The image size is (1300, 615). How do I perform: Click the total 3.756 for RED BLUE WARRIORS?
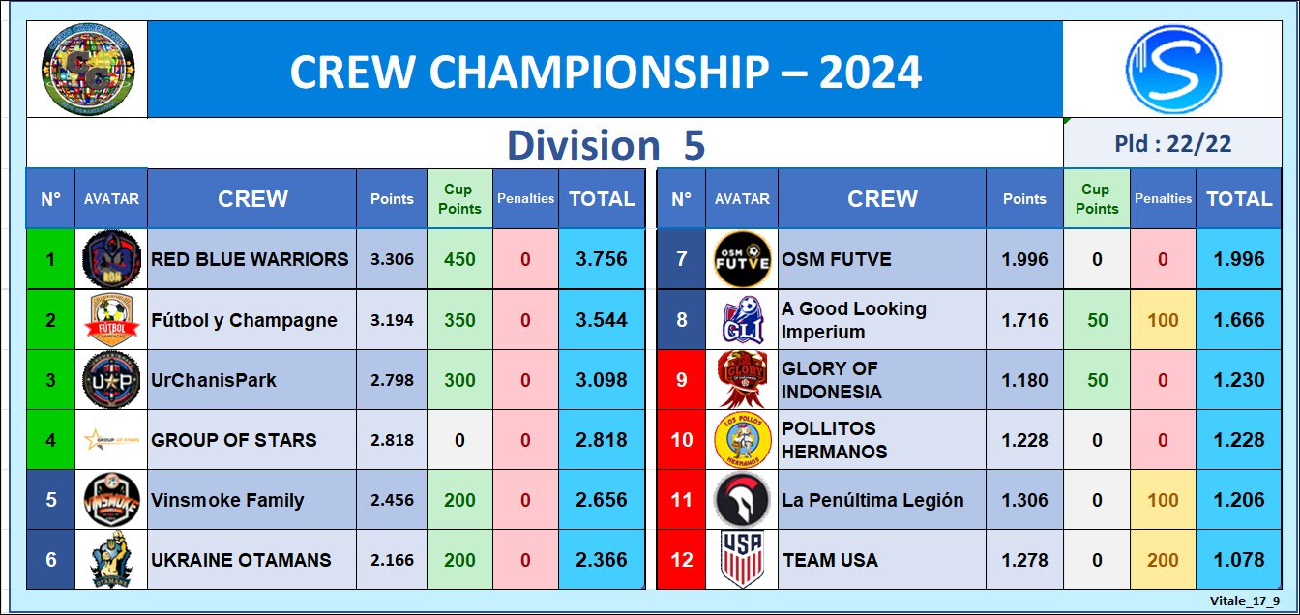(x=602, y=259)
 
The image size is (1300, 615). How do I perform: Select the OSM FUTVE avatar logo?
(x=742, y=259)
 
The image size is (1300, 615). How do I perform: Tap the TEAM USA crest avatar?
(x=742, y=559)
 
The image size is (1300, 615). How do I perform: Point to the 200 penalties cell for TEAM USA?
(x=1163, y=560)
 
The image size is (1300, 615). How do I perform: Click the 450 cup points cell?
(x=459, y=259)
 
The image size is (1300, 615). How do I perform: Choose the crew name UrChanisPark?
(x=214, y=380)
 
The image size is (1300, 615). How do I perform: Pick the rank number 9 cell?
(x=681, y=380)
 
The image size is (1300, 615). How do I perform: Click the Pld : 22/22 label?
(x=1173, y=144)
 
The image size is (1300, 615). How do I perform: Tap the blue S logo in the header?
(x=1173, y=70)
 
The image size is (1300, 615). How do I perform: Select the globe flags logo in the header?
(x=88, y=70)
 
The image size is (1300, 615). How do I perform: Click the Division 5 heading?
(x=606, y=144)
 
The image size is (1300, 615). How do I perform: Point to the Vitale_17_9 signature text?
(x=1245, y=601)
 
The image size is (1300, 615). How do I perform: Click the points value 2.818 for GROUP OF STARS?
(x=393, y=440)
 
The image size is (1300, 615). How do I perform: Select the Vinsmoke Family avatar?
(x=111, y=500)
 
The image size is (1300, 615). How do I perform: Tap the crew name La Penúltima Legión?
(x=872, y=500)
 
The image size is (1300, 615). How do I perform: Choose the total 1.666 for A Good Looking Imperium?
(x=1239, y=320)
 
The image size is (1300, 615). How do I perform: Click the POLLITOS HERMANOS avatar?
(x=742, y=440)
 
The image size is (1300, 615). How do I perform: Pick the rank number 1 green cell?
(x=50, y=259)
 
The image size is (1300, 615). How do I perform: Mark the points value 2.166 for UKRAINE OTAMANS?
(x=393, y=560)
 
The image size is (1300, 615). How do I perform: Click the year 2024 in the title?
(x=870, y=72)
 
